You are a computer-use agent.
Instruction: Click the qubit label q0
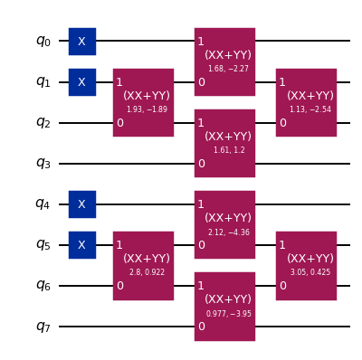[43, 41]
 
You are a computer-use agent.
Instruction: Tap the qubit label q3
[43, 163]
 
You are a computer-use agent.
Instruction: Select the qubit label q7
[43, 326]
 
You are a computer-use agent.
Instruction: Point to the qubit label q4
[43, 204]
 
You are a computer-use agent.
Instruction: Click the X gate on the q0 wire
[81, 41]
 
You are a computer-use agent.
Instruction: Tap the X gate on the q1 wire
[81, 81]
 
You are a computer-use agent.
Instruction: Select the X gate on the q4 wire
[81, 204]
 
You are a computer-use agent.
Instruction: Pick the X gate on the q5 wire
[81, 244]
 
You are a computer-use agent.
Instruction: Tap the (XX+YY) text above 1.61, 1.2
[224, 136]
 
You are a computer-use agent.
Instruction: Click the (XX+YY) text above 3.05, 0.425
[306, 258]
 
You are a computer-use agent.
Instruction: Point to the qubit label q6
[43, 285]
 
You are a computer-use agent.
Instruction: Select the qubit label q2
[43, 122]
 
